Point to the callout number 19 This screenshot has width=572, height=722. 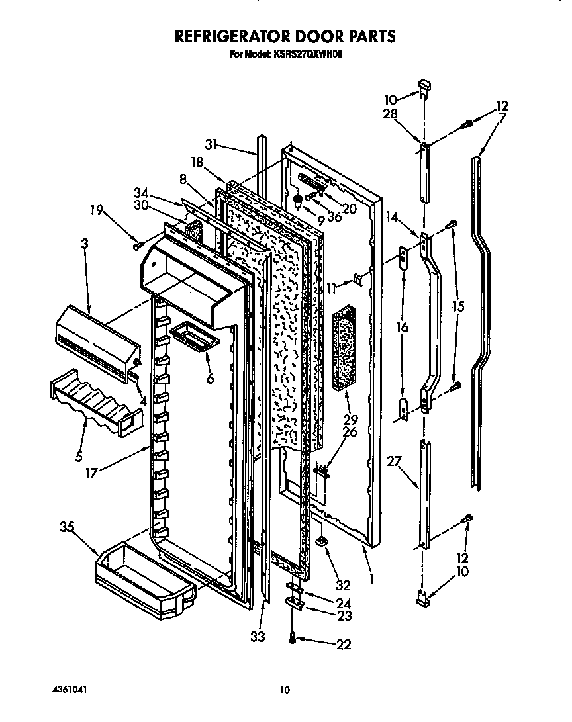point(97,210)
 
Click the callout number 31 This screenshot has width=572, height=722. point(211,146)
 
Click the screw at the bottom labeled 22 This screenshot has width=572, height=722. point(292,638)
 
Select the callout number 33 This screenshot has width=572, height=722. point(258,636)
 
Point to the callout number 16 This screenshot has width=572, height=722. point(403,327)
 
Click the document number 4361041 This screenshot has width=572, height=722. point(70,690)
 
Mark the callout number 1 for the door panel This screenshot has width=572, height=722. point(372,578)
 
